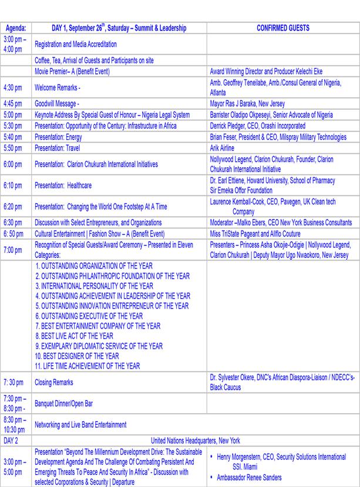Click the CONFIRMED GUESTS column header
283,28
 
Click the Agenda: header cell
15,28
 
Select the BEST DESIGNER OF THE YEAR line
76,356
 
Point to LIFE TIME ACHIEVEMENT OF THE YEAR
88,366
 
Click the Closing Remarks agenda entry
54,382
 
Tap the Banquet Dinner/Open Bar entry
64,403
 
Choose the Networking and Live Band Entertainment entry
80,424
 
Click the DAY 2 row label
11,440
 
